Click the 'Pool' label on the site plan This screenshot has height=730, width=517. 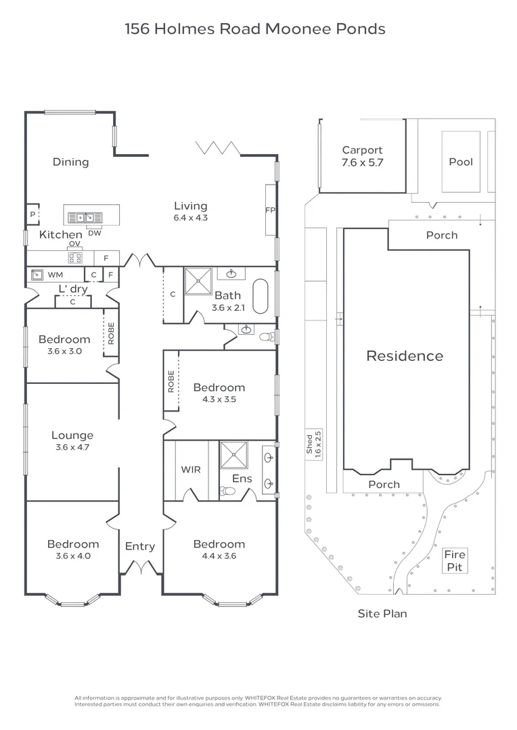(x=461, y=162)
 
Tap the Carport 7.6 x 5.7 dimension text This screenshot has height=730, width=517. (x=362, y=163)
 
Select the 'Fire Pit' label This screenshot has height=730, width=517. (x=455, y=561)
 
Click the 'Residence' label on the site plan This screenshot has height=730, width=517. (x=405, y=356)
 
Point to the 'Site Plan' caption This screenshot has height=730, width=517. (x=382, y=614)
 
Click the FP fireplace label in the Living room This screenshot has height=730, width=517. (x=270, y=210)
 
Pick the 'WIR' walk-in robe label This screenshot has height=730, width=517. (x=190, y=470)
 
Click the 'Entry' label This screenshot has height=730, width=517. (x=140, y=546)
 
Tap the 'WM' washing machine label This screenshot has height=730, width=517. (x=55, y=275)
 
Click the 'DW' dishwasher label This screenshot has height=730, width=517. (x=95, y=233)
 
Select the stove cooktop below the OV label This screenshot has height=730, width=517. (x=74, y=258)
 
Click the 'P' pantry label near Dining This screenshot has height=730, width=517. (x=32, y=215)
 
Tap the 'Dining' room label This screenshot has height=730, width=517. (x=71, y=162)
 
